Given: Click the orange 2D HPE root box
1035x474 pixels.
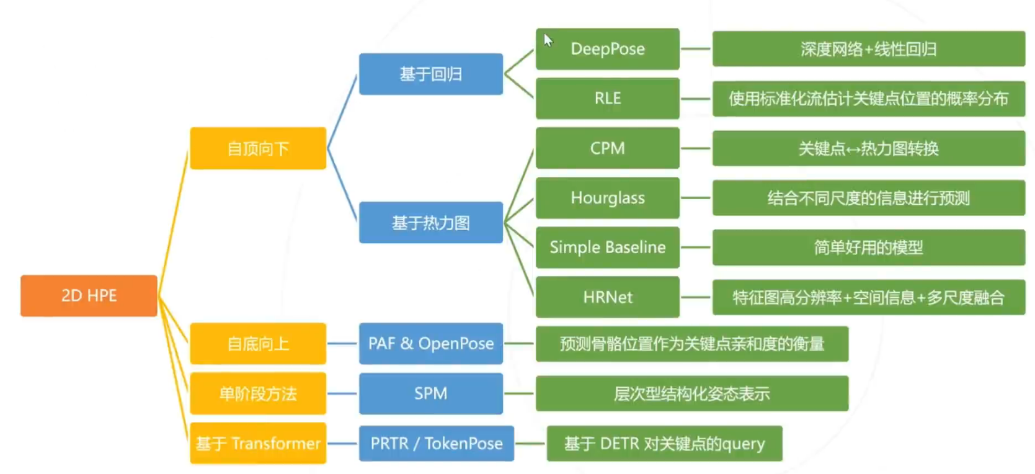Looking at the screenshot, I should tap(89, 296).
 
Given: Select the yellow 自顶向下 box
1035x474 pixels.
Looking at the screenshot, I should tap(258, 148).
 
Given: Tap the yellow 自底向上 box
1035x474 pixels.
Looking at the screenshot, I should tap(258, 344).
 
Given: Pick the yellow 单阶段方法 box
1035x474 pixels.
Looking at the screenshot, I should tap(258, 393).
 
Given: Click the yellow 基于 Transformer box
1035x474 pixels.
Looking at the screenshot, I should tap(258, 443).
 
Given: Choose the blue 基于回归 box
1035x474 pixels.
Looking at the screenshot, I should tap(430, 74).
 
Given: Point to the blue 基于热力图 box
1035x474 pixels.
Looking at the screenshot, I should tap(430, 223).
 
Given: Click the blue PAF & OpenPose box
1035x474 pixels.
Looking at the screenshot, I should tap(430, 344).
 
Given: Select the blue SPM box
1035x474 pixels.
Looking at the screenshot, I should tap(430, 393).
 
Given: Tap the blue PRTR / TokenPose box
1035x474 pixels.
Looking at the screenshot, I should tap(436, 443).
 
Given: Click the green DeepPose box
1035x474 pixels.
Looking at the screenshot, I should tap(607, 49).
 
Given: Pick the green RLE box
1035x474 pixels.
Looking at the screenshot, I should tap(607, 98).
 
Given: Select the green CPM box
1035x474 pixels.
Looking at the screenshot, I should tap(607, 148).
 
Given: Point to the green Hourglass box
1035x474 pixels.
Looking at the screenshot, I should tap(607, 198).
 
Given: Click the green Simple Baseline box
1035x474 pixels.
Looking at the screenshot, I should tap(607, 248).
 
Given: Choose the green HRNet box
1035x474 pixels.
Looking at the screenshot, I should tap(607, 297).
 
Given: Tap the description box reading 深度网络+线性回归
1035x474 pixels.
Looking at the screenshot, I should tap(868, 49).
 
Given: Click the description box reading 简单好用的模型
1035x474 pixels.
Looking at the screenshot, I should tap(868, 248).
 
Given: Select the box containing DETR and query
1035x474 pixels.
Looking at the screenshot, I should tap(664, 443).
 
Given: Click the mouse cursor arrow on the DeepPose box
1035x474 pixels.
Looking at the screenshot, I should tap(548, 40).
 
